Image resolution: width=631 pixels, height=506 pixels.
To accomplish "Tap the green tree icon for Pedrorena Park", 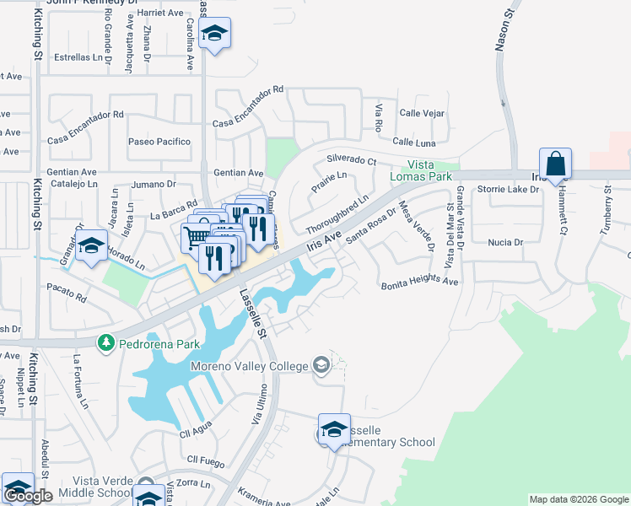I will pyautogui.click(x=106, y=343).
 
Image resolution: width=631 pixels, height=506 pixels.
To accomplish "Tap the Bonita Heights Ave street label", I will pyautogui.click(x=419, y=283).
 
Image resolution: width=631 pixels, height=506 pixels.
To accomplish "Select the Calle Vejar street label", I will pyautogui.click(x=422, y=113).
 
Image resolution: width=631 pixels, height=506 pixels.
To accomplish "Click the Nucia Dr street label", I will pyautogui.click(x=506, y=242).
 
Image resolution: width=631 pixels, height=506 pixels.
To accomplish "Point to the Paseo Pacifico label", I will pyautogui.click(x=159, y=142).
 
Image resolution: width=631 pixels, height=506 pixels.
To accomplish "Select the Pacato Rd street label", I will pyautogui.click(x=67, y=298).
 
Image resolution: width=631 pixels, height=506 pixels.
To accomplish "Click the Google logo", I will pyautogui.click(x=28, y=496).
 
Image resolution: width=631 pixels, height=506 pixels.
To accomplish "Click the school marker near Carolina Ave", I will pyautogui.click(x=215, y=35).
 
